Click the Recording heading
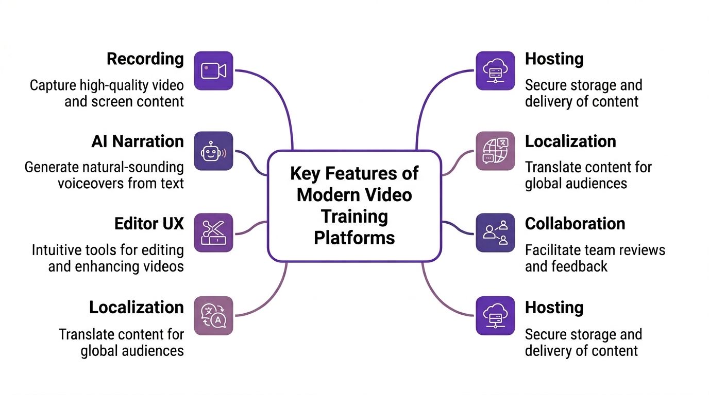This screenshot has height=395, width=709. point(145,59)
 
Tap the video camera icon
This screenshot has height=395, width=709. point(213,70)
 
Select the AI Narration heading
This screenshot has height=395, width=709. point(138,141)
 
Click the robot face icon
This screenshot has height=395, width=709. point(213,151)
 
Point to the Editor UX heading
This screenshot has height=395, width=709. point(149,224)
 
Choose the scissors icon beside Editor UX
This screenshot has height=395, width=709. point(213,233)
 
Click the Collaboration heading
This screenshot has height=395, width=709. point(575,224)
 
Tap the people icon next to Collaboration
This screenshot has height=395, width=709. point(495,232)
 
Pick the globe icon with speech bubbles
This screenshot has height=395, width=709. point(495,151)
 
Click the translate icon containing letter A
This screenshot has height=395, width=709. point(213,316)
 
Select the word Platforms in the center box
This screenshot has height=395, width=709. point(354,238)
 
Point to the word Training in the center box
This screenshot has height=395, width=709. point(354,216)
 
